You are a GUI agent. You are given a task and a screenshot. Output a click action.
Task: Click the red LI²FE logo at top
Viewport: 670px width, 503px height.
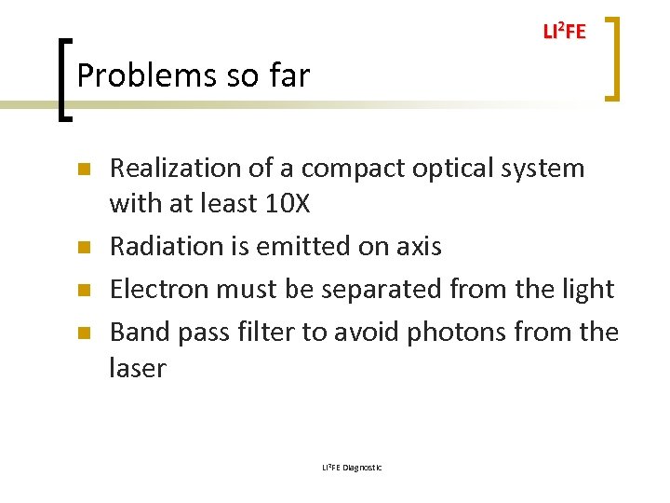[564, 32]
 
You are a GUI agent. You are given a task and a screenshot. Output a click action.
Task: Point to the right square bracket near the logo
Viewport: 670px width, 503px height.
[613, 58]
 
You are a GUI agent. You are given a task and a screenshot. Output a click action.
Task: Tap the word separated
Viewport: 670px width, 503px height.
[372, 289]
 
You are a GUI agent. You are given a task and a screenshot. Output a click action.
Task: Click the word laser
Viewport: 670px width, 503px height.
[137, 368]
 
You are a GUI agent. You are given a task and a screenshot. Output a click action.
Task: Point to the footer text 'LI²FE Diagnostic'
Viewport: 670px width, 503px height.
[352, 467]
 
